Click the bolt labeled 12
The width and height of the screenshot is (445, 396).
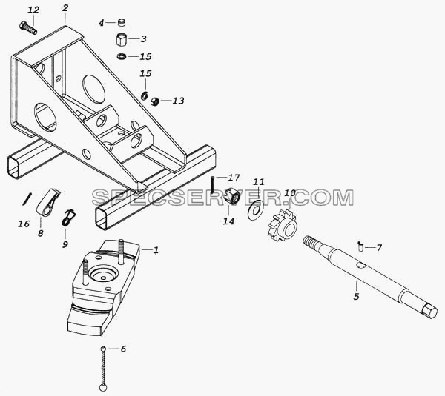(x=28, y=28)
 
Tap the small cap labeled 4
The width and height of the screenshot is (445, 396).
(x=122, y=22)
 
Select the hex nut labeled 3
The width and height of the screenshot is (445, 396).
(x=122, y=39)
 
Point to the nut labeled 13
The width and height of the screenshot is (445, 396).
(x=155, y=101)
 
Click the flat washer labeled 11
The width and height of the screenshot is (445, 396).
(x=255, y=209)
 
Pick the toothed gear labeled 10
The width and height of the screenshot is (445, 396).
(x=283, y=225)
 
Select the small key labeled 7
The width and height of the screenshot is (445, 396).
(x=360, y=246)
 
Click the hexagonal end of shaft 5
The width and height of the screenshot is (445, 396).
(x=429, y=311)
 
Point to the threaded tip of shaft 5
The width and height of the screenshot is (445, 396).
(x=309, y=242)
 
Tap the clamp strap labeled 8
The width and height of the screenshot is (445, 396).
(x=47, y=204)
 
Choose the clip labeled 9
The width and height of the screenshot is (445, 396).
(x=67, y=218)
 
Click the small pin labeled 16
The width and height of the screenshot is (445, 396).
(x=27, y=199)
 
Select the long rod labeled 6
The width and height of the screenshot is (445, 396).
(x=103, y=369)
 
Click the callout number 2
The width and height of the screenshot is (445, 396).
(x=65, y=8)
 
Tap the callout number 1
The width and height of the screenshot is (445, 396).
(x=156, y=250)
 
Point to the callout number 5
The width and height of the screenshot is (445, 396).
(x=357, y=296)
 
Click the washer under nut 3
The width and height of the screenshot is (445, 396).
(x=122, y=56)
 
